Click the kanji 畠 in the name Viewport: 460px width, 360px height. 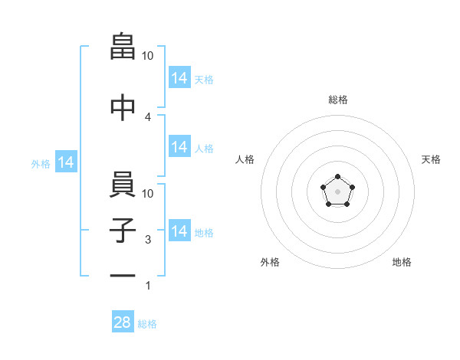pyautogui.click(x=123, y=46)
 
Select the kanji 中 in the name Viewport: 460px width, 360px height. pyautogui.click(x=123, y=107)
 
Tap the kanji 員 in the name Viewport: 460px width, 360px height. pyautogui.click(x=123, y=184)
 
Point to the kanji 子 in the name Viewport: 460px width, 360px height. pyautogui.click(x=123, y=230)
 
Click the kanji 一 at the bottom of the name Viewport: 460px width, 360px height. pyautogui.click(x=123, y=276)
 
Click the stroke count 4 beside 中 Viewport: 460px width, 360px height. pyautogui.click(x=147, y=117)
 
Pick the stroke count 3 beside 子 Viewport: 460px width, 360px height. pyautogui.click(x=148, y=240)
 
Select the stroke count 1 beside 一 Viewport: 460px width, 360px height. pyautogui.click(x=148, y=286)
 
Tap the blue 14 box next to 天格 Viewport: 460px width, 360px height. pyautogui.click(x=179, y=77)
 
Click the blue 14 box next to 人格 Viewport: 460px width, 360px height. pyautogui.click(x=179, y=146)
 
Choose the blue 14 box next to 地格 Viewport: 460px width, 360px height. pyautogui.click(x=179, y=230)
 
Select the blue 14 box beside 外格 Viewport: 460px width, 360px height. pyautogui.click(x=66, y=162)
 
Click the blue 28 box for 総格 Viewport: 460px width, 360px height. pyautogui.click(x=123, y=321)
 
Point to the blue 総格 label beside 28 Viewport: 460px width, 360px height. pyautogui.click(x=147, y=324)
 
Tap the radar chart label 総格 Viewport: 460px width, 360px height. pyautogui.click(x=338, y=100)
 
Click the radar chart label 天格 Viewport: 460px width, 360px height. pyautogui.click(x=431, y=159)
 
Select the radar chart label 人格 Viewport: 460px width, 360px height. pyautogui.click(x=245, y=159)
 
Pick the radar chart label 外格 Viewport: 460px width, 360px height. pyautogui.click(x=270, y=262)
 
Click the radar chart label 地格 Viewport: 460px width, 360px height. pyautogui.click(x=402, y=262)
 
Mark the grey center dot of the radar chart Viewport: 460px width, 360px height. pyautogui.click(x=337, y=191)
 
